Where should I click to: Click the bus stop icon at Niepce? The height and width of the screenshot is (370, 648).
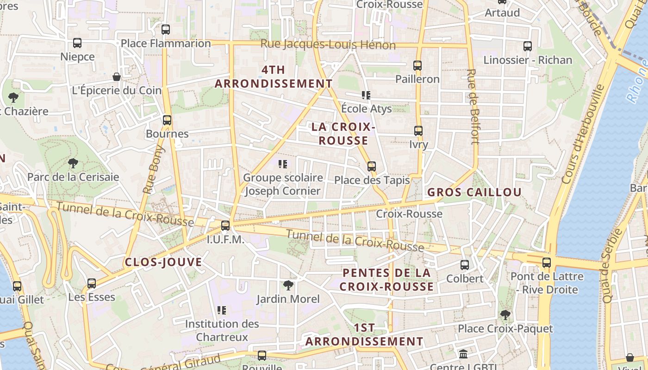pyautogui.click(x=77, y=43)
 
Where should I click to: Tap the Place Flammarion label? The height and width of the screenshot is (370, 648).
pyautogui.click(x=166, y=43)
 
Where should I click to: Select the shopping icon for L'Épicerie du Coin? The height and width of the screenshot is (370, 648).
pyautogui.click(x=117, y=76)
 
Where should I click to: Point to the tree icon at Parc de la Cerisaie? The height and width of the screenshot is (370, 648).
pyautogui.click(x=73, y=163)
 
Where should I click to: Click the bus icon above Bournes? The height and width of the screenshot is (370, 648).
pyautogui.click(x=167, y=120)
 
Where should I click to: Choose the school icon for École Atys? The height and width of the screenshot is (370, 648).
pyautogui.click(x=366, y=95)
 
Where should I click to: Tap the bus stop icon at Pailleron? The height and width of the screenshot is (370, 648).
pyautogui.click(x=417, y=66)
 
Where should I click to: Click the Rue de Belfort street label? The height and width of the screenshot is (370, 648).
pyautogui.click(x=473, y=106)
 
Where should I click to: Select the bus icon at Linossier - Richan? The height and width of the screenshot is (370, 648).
pyautogui.click(x=528, y=46)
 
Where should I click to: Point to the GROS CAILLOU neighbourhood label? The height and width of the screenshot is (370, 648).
pyautogui.click(x=474, y=192)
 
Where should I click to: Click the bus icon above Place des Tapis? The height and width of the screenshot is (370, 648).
pyautogui.click(x=372, y=166)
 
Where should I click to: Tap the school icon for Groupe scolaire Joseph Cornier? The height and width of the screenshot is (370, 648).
pyautogui.click(x=283, y=164)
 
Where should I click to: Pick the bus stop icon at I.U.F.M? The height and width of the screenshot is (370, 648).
pyautogui.click(x=225, y=226)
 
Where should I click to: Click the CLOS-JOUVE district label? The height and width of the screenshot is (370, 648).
pyautogui.click(x=163, y=262)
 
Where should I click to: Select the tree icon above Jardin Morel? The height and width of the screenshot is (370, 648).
pyautogui.click(x=288, y=285)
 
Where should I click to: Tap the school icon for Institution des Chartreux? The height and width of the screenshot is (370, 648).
pyautogui.click(x=222, y=310)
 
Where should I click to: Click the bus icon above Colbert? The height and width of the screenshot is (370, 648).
pyautogui.click(x=465, y=265)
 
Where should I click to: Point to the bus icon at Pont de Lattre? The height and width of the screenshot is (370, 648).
pyautogui.click(x=547, y=263)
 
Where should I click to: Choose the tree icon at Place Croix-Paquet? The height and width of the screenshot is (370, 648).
pyautogui.click(x=505, y=315)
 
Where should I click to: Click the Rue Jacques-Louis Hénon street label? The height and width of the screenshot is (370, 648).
pyautogui.click(x=328, y=44)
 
